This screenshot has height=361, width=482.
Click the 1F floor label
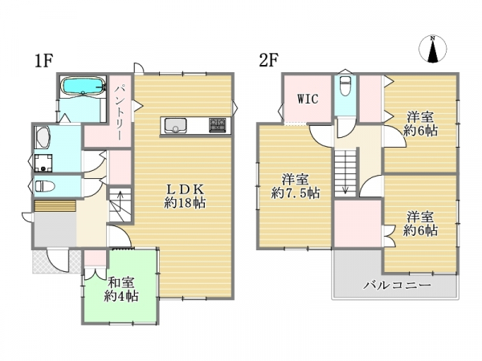(44, 60)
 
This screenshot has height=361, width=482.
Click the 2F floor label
(268, 60)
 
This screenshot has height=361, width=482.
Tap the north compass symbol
(433, 49)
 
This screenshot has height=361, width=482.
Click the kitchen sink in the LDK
(175, 126)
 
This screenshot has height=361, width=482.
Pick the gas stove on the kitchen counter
(218, 125)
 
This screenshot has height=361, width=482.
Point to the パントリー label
(119, 112)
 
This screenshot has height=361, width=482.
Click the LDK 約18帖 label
(185, 196)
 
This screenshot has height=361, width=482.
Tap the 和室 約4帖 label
(120, 289)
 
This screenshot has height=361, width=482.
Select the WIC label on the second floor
(308, 99)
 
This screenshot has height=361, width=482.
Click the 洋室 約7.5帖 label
(295, 186)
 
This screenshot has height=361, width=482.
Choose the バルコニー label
(397, 286)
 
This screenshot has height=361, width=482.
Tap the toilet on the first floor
(44, 186)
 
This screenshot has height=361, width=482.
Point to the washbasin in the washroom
(43, 137)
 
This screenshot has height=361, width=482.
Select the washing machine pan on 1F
(43, 163)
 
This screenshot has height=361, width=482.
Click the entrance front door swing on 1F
(58, 261)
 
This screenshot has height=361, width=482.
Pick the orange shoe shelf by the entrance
(55, 205)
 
